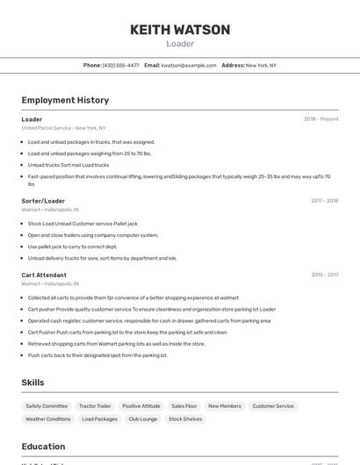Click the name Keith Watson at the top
click(x=180, y=30)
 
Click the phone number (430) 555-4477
click(x=120, y=65)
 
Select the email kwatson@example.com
click(x=189, y=65)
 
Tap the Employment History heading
click(x=65, y=100)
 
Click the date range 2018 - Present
click(x=320, y=119)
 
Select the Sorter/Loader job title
click(x=43, y=201)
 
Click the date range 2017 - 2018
click(x=324, y=201)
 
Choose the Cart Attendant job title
click(x=44, y=275)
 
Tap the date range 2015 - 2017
click(x=324, y=275)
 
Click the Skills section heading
click(x=32, y=383)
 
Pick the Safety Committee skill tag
click(x=47, y=406)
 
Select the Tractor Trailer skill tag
click(x=95, y=406)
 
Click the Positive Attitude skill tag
click(x=140, y=406)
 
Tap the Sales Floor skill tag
click(x=184, y=406)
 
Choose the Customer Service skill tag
click(x=273, y=406)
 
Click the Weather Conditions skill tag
click(x=48, y=419)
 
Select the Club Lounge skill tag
click(x=143, y=419)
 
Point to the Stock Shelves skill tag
click(x=185, y=419)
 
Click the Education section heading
click(x=43, y=447)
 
